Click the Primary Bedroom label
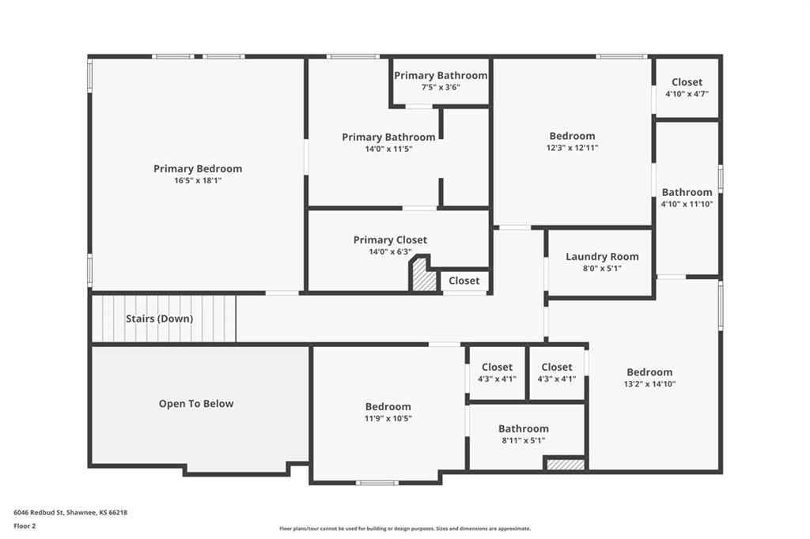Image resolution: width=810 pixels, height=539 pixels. (198, 168)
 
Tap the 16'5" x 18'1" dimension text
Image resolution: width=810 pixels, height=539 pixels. (198, 181)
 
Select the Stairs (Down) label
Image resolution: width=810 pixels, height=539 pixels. (160, 318)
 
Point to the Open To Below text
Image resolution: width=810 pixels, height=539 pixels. (196, 404)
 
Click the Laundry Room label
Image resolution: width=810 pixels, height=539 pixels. (602, 257)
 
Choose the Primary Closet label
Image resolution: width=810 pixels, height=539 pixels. (390, 239)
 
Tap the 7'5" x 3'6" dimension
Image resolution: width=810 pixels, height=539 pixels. (441, 87)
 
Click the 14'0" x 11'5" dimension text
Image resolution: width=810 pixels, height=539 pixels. (388, 149)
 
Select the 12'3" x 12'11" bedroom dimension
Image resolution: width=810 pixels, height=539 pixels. (573, 148)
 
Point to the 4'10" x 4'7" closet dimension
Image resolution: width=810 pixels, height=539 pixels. (687, 94)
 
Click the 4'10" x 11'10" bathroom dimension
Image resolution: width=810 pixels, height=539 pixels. (687, 204)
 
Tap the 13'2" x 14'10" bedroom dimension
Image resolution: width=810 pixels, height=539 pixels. (650, 383)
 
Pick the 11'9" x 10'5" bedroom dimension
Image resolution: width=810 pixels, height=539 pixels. (388, 418)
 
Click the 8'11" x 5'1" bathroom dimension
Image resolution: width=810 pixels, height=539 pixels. (524, 440)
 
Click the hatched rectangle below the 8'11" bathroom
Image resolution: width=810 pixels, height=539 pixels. (566, 465)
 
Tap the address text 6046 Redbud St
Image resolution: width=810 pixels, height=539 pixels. (38, 513)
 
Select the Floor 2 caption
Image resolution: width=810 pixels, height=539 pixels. (25, 526)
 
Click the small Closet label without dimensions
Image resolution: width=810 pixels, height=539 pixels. (464, 281)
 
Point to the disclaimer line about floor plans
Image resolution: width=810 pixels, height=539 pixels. (405, 528)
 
